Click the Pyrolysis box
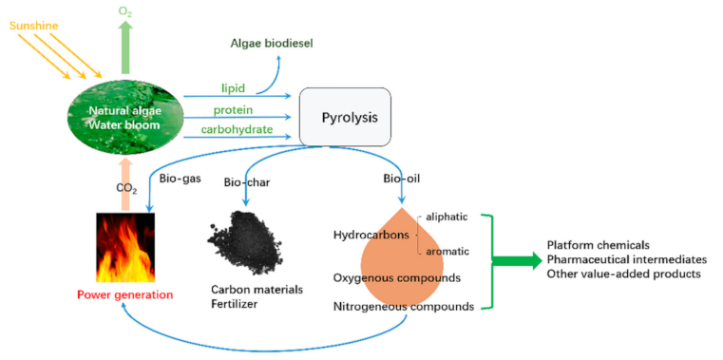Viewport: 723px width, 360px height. tap(346, 117)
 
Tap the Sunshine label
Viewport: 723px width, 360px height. tap(34, 26)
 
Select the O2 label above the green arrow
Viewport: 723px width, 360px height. tap(124, 11)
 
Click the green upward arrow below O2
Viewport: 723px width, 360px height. tap(124, 47)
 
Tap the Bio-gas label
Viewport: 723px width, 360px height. tap(180, 178)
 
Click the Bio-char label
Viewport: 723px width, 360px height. tap(246, 182)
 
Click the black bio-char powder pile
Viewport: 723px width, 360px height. tap(245, 238)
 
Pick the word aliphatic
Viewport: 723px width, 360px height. tap(447, 217)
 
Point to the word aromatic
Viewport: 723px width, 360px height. tap(447, 252)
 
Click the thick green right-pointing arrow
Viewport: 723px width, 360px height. tap(518, 261)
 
